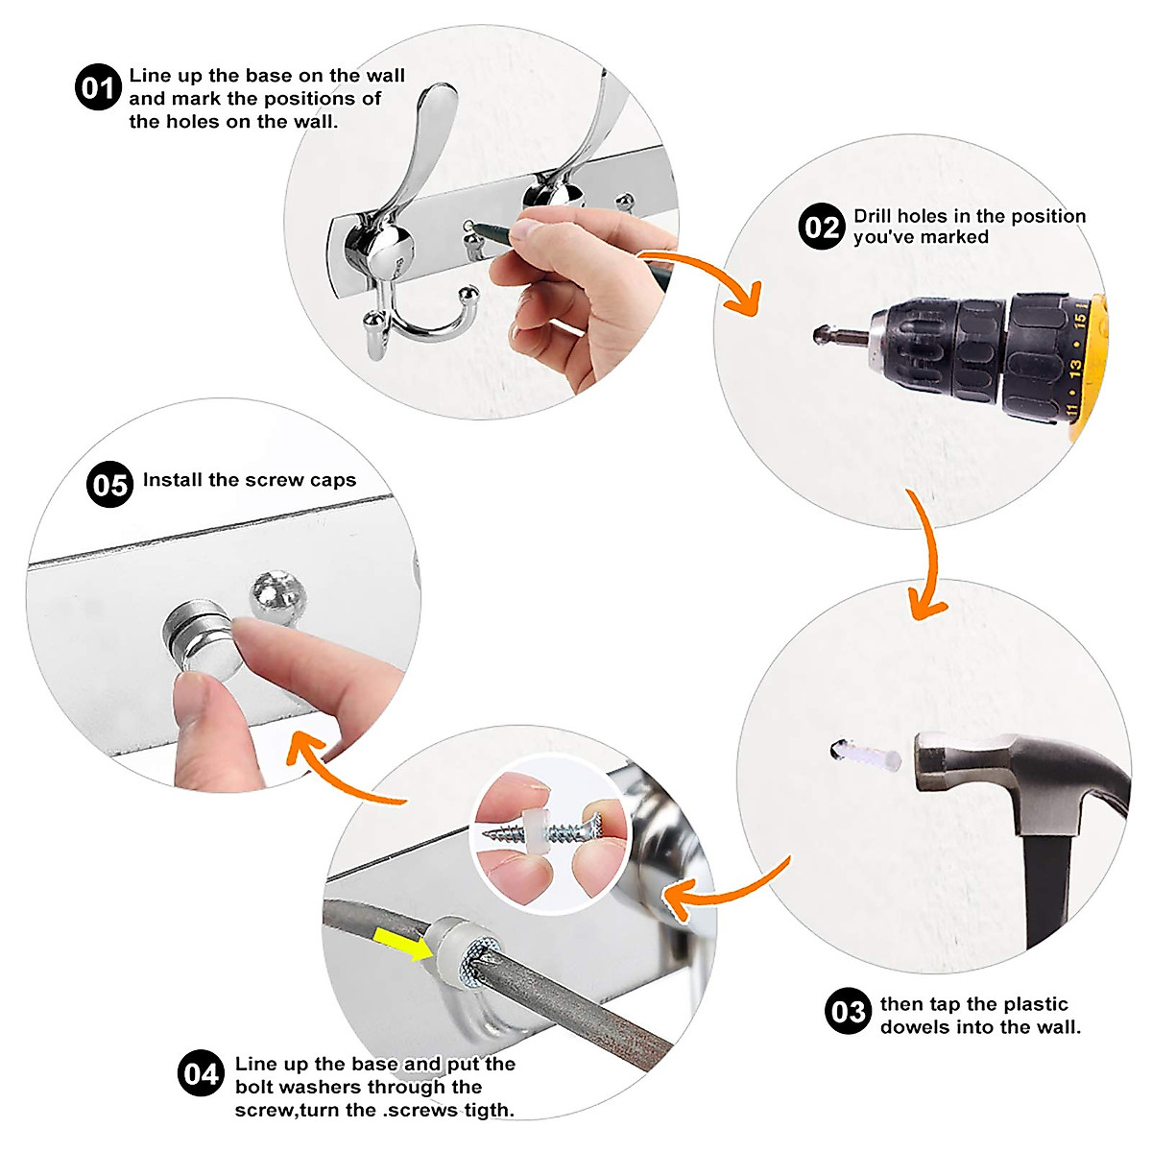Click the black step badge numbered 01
tap(98, 87)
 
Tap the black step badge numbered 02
tap(822, 226)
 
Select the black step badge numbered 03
tap(848, 1010)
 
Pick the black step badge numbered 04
tap(201, 1072)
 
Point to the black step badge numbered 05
tap(110, 484)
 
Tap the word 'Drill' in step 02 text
tap(873, 216)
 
